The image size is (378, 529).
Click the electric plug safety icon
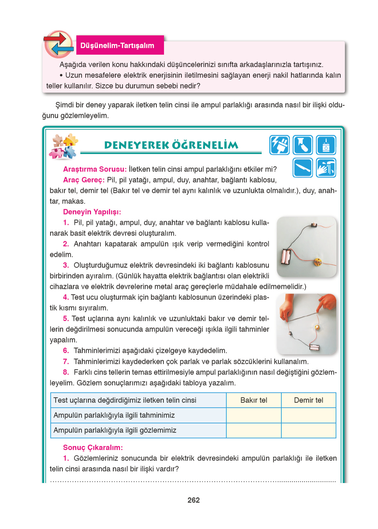tap(279, 145)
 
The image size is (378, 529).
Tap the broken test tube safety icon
tap(303, 145)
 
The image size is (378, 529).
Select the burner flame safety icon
tap(326, 145)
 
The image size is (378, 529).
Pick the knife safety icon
tap(303, 168)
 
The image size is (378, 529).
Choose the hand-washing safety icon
tap(326, 168)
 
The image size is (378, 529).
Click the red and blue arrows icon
tap(59, 44)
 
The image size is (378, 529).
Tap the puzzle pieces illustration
tap(63, 146)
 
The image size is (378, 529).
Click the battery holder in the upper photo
tap(286, 257)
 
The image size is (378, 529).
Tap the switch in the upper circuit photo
tap(314, 225)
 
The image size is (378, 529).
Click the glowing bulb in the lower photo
tap(317, 327)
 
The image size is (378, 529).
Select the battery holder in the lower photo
tap(315, 348)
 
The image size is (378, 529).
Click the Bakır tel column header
tap(254, 400)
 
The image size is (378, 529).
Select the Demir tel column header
tap(308, 400)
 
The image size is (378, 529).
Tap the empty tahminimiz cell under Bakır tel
tap(254, 415)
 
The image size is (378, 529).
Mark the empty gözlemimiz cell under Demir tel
tap(308, 430)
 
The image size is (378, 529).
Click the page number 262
tap(193, 500)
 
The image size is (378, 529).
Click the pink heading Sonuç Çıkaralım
tap(93, 447)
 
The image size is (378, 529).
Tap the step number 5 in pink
tap(66, 318)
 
